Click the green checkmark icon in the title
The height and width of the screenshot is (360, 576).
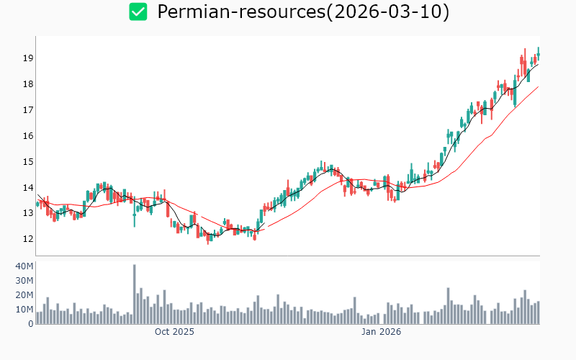(138, 12)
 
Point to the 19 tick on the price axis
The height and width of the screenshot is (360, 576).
(28, 58)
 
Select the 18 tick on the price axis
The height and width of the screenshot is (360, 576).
(28, 84)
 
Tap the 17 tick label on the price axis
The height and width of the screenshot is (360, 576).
(28, 110)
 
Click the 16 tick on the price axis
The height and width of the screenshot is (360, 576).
(28, 136)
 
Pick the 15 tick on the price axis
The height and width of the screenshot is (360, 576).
(28, 162)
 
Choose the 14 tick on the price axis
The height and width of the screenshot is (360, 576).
(28, 188)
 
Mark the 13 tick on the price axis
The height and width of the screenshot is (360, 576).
(28, 214)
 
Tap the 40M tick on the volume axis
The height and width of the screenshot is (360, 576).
(24, 266)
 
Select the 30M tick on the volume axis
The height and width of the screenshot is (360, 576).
(24, 281)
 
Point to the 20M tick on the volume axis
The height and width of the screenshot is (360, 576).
(24, 295)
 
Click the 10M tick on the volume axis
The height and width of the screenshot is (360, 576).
(24, 310)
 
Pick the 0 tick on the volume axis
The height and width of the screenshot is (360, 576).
(31, 324)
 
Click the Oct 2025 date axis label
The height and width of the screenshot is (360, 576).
(174, 333)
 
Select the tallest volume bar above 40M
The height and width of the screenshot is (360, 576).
(134, 294)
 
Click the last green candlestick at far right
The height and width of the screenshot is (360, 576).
(539, 53)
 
